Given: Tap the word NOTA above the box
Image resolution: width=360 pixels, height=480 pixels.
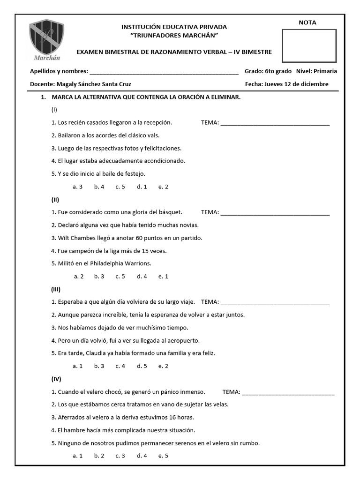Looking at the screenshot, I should pos(307,22).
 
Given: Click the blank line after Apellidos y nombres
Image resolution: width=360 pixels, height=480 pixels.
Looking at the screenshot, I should pos(164,72).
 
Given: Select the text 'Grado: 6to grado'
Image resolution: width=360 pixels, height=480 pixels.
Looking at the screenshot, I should pos(268,71).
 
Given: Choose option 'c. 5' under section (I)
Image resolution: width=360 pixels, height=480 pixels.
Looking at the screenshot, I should pos(120,187).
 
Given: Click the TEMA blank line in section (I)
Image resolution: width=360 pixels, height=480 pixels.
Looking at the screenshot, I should pos(275,123).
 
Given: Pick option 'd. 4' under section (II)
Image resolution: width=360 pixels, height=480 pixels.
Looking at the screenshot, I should pos(142,277).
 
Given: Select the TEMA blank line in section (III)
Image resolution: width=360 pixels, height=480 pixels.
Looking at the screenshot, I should pos(275,302).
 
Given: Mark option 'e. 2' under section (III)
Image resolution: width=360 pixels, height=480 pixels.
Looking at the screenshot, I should pos(163,366).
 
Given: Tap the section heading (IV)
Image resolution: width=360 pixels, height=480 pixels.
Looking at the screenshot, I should pos(56,379).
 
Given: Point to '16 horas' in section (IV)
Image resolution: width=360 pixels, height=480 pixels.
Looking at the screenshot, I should pos(182,417).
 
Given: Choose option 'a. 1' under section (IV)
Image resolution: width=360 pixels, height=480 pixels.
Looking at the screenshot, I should pos(78,455).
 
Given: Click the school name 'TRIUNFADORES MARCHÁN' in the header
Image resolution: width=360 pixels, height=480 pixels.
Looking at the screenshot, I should pos(174,36).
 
